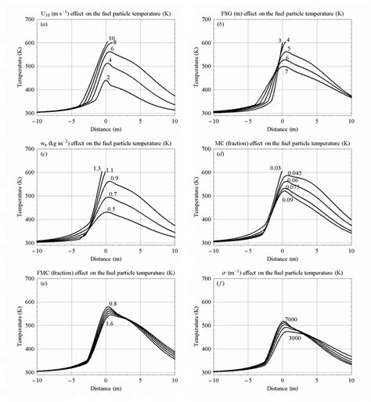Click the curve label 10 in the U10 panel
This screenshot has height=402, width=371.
coord(112,38)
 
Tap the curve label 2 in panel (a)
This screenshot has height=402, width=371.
coord(108,78)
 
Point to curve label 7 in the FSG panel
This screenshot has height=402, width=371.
coord(287,71)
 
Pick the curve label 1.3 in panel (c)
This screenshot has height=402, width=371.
coord(96,169)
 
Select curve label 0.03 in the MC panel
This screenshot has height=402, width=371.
coord(276,168)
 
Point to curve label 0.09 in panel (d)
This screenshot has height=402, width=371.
coord(286,200)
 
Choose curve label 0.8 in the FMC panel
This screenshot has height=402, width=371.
coord(113,303)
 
